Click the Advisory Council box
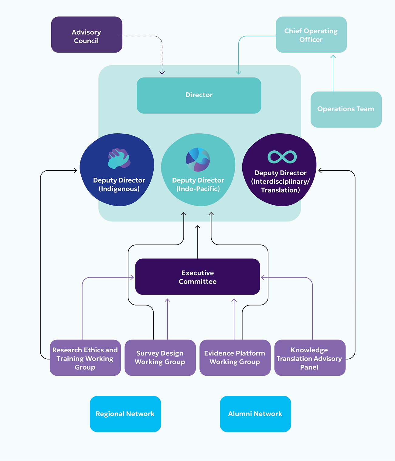pyautogui.click(x=87, y=35)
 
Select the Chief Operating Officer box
pyautogui.click(x=311, y=35)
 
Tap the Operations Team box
pyautogui.click(x=346, y=109)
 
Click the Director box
pyautogui.click(x=199, y=95)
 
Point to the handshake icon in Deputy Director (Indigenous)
pyautogui.click(x=119, y=158)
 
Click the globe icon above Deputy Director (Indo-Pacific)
pyautogui.click(x=198, y=159)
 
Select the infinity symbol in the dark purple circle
pyautogui.click(x=282, y=157)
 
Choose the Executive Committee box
pyautogui.click(x=197, y=277)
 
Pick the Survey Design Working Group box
pyautogui.click(x=160, y=358)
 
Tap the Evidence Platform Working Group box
pyautogui.click(x=235, y=358)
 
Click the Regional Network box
pyautogui.click(x=125, y=414)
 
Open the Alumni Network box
pyautogui.click(x=255, y=414)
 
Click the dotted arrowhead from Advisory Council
pyautogui.click(x=162, y=73)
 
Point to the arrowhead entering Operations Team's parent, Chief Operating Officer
pyautogui.click(x=333, y=56)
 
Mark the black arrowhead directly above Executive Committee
pyautogui.click(x=198, y=227)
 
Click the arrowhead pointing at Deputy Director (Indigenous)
pyautogui.click(x=75, y=170)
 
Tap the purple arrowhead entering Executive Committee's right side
pyautogui.click(x=263, y=277)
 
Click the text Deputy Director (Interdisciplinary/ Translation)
pyautogui.click(x=280, y=181)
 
